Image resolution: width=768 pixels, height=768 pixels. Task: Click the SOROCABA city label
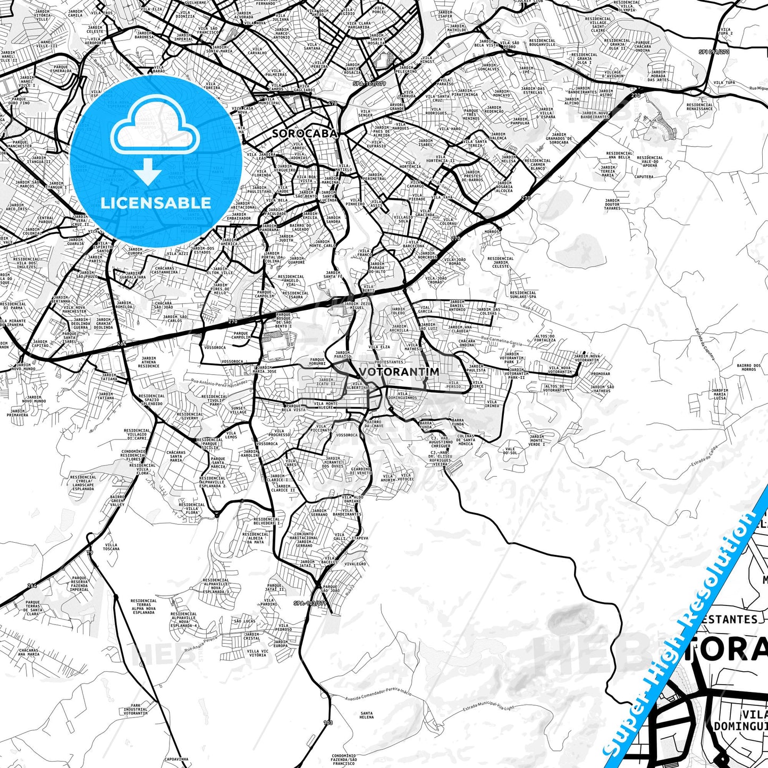pos(305,133)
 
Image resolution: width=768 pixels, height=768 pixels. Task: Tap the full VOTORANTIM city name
pos(399,372)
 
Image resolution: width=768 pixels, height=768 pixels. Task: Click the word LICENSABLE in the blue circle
pos(156,203)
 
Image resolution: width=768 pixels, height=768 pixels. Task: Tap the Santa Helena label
pos(366,715)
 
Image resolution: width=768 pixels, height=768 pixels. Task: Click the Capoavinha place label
pos(177,759)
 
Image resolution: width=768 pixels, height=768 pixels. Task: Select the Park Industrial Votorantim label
pos(136,710)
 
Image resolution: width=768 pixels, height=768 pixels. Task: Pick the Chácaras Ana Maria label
pos(29,652)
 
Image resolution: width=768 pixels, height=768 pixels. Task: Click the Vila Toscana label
pos(112,546)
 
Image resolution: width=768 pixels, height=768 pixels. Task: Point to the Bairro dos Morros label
pos(748,367)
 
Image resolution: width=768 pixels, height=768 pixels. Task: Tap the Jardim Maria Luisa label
pos(720,394)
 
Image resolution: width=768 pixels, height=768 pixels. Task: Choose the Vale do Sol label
pos(510,451)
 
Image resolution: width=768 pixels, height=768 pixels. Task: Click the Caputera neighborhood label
pos(644,176)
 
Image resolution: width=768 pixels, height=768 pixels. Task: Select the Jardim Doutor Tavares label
pos(612,205)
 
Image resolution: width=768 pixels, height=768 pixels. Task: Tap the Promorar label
pos(601,374)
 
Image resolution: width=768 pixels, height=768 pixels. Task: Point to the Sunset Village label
pos(238,410)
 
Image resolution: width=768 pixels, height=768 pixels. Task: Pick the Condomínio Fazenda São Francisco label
pos(343,759)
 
